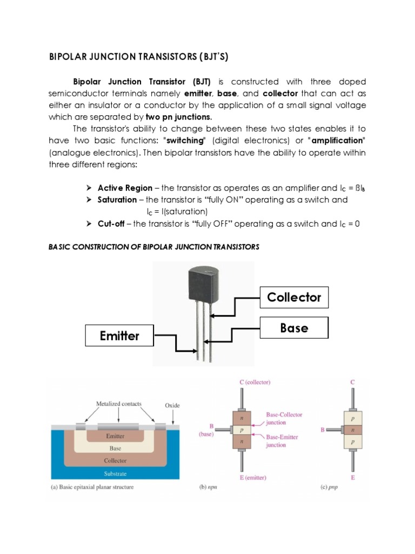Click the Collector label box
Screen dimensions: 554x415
tap(294, 297)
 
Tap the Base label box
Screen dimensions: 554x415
tap(294, 328)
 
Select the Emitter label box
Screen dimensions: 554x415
tap(119, 335)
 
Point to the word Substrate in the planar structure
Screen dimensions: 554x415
tap(115, 474)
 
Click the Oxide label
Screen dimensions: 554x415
tap(172, 405)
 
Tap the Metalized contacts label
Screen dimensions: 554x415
tap(119, 403)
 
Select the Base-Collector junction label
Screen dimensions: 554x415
tap(284, 418)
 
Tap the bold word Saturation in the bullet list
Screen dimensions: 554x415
tap(117, 200)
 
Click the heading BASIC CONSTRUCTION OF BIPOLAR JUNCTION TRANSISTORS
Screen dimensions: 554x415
tap(154, 247)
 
